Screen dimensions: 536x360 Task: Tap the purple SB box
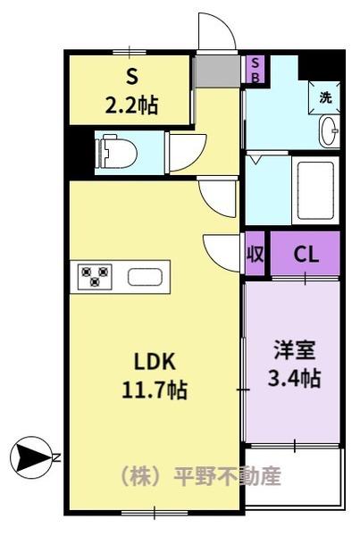tap(255, 69)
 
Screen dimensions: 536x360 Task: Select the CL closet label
tap(306, 254)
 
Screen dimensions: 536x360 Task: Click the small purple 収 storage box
tap(255, 254)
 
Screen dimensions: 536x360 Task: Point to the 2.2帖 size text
tap(130, 105)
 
